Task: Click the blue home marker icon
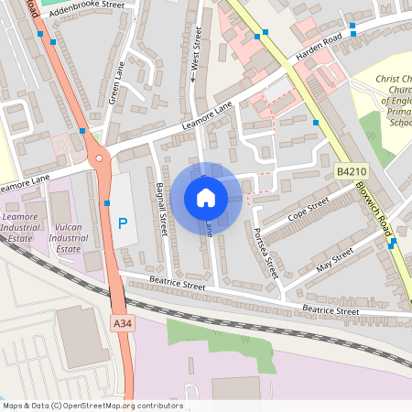tap(206, 197)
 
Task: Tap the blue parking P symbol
tap(123, 223)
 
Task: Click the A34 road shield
tap(123, 323)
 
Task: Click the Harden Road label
tap(318, 49)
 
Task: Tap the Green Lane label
tap(117, 82)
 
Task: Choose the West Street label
tap(196, 53)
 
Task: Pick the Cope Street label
tap(308, 211)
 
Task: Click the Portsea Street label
tap(266, 253)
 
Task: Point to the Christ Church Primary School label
tap(396, 101)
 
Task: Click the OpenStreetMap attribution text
tap(92, 406)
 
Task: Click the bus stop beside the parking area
tap(107, 202)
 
